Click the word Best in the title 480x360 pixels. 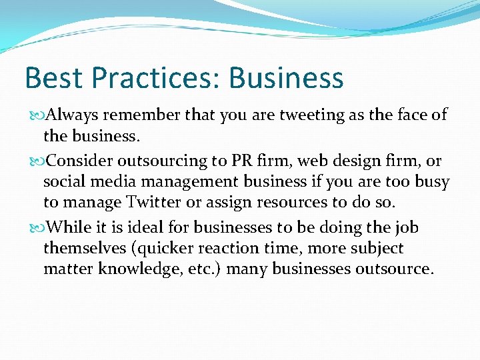click(x=53, y=78)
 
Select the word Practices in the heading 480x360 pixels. click(x=152, y=78)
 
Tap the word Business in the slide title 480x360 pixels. click(x=286, y=78)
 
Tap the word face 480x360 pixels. click(x=407, y=115)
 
